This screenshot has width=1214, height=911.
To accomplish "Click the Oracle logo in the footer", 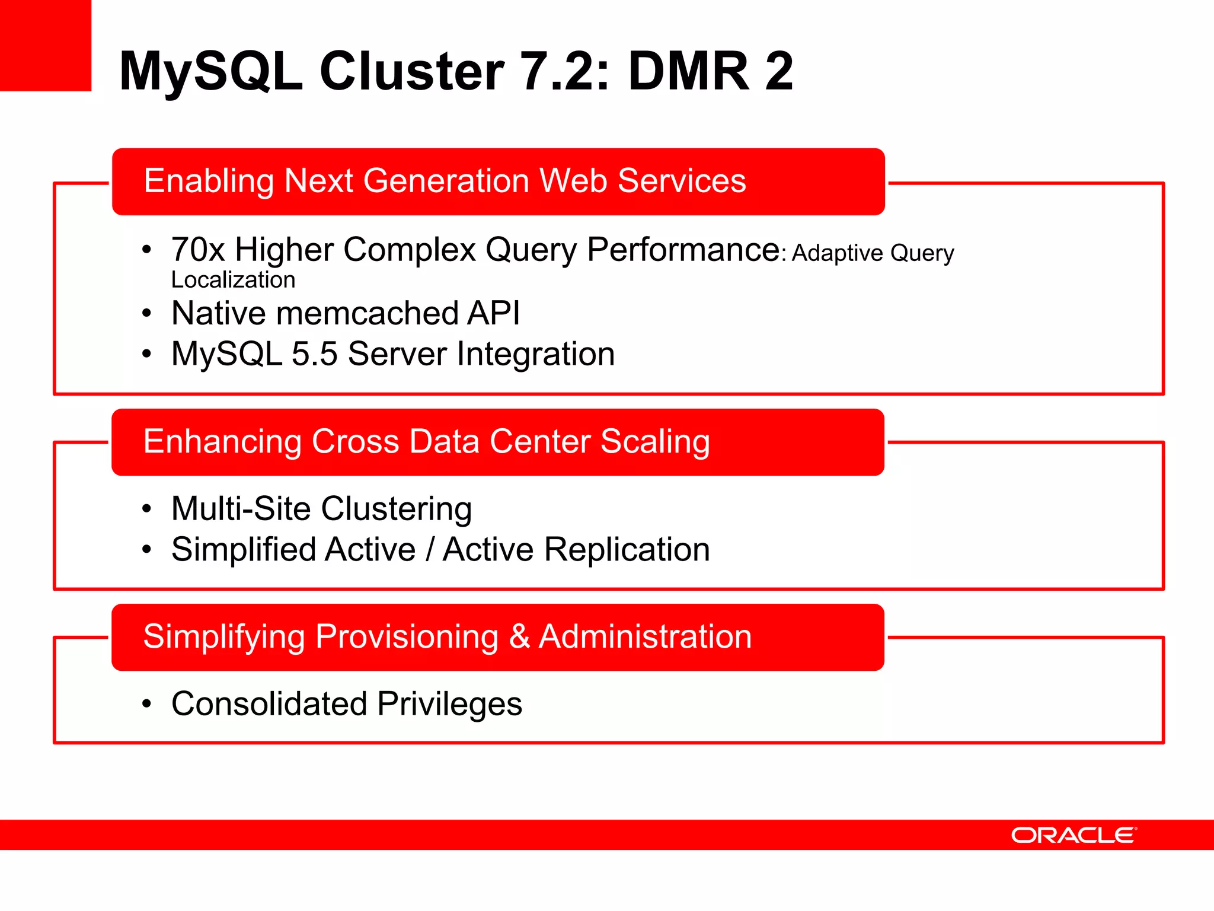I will (1074, 835).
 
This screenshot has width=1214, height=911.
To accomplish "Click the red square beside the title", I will (45, 45).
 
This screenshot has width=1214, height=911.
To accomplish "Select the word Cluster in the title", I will (412, 71).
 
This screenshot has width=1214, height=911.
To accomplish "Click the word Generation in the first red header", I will (446, 181).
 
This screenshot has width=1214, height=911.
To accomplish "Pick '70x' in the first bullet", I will (197, 250).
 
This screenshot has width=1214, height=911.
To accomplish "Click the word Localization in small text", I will (233, 280).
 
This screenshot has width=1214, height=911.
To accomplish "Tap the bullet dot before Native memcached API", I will (147, 313).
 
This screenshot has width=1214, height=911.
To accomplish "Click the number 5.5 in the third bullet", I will (314, 354).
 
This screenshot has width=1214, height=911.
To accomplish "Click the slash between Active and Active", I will (429, 550).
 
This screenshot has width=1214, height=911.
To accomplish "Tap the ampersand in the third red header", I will (519, 637).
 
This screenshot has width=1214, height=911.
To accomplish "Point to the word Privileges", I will (449, 704).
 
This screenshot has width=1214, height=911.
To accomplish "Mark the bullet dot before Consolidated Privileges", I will (147, 705).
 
